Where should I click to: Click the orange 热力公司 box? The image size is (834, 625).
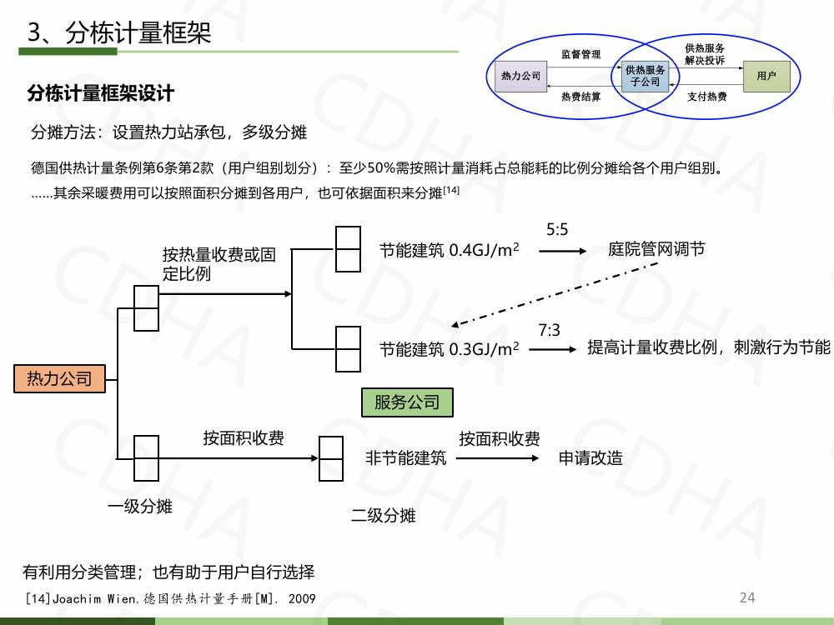pyautogui.click(x=59, y=379)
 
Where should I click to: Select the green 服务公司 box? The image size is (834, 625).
pyautogui.click(x=407, y=402)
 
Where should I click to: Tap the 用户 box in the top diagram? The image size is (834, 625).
pyautogui.click(x=766, y=76)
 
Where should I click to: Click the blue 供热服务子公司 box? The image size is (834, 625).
pyautogui.click(x=646, y=76)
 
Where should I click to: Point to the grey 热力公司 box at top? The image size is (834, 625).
pyautogui.click(x=520, y=76)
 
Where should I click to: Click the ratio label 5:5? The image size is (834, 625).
pyautogui.click(x=557, y=229)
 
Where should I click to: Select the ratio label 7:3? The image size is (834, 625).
pyautogui.click(x=549, y=331)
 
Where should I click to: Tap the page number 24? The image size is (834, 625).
pyautogui.click(x=747, y=597)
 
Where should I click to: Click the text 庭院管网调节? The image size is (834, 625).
pyautogui.click(x=656, y=249)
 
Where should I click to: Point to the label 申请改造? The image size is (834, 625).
pyautogui.click(x=590, y=457)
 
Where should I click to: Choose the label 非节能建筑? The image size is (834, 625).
pyautogui.click(x=405, y=457)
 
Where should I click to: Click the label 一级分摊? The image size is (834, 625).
pyautogui.click(x=139, y=506)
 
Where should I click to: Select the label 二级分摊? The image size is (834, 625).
pyautogui.click(x=383, y=516)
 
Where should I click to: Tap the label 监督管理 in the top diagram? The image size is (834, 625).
pyautogui.click(x=580, y=54)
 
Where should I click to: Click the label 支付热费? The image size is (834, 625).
pyautogui.click(x=706, y=97)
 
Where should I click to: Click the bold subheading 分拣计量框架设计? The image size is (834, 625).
pyautogui.click(x=100, y=93)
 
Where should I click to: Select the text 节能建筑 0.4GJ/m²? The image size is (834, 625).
pyautogui.click(x=449, y=250)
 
